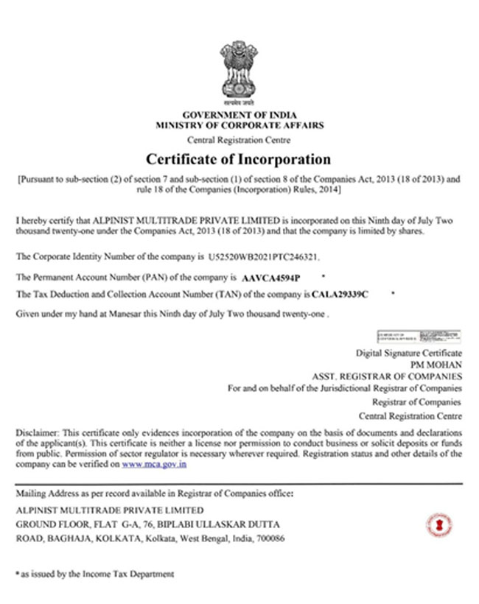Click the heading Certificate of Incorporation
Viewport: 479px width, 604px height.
(238, 159)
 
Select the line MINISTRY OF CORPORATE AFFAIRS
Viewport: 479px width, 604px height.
(239, 126)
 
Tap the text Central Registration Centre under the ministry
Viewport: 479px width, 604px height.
(239, 140)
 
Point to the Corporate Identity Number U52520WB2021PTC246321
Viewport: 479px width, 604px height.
(265, 257)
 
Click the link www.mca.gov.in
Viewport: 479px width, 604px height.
(153, 466)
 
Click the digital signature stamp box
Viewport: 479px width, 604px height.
(419, 337)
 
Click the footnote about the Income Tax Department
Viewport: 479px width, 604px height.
(95, 573)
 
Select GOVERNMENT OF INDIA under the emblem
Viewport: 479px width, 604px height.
(239, 116)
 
